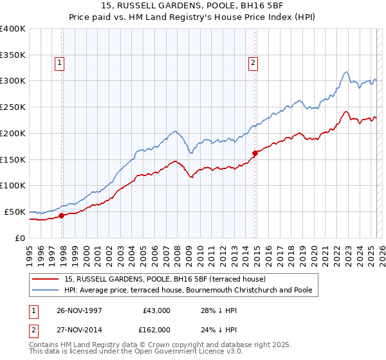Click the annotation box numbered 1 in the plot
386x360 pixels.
click(60, 62)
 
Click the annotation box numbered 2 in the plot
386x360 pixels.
click(253, 62)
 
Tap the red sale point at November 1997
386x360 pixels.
click(62, 215)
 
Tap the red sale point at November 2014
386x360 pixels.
click(255, 153)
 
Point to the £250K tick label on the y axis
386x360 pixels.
click(13, 107)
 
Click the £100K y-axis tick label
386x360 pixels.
click(13, 185)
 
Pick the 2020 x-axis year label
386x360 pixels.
click(314, 254)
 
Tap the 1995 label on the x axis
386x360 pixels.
click(30, 254)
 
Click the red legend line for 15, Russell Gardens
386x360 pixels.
click(46, 279)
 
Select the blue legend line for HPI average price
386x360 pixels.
click(46, 290)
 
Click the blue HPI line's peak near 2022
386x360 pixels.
click(346, 71)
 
